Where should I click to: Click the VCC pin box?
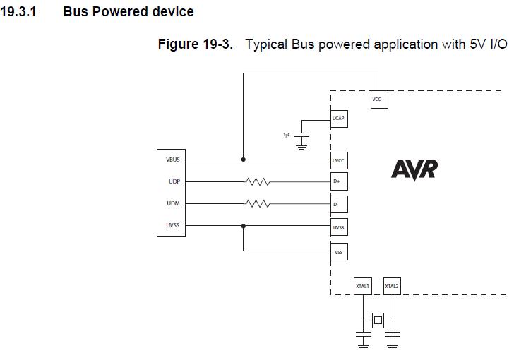click(378, 100)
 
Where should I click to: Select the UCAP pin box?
click(339, 118)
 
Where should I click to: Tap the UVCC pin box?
click(339, 160)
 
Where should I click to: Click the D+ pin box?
click(339, 182)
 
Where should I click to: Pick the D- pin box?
click(339, 205)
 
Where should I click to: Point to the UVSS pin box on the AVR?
click(339, 227)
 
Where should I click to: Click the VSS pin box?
click(339, 251)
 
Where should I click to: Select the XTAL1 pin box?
click(363, 286)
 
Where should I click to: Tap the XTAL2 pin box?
click(392, 286)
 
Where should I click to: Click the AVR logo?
click(414, 170)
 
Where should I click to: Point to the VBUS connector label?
click(173, 160)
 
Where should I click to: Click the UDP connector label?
click(174, 181)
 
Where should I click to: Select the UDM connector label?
click(174, 204)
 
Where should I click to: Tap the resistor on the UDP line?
click(258, 182)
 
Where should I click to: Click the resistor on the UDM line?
click(258, 204)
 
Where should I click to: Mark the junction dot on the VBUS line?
click(244, 160)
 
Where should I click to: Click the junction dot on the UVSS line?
click(244, 227)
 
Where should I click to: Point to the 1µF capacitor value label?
click(287, 134)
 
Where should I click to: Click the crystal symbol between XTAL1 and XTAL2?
click(378, 320)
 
